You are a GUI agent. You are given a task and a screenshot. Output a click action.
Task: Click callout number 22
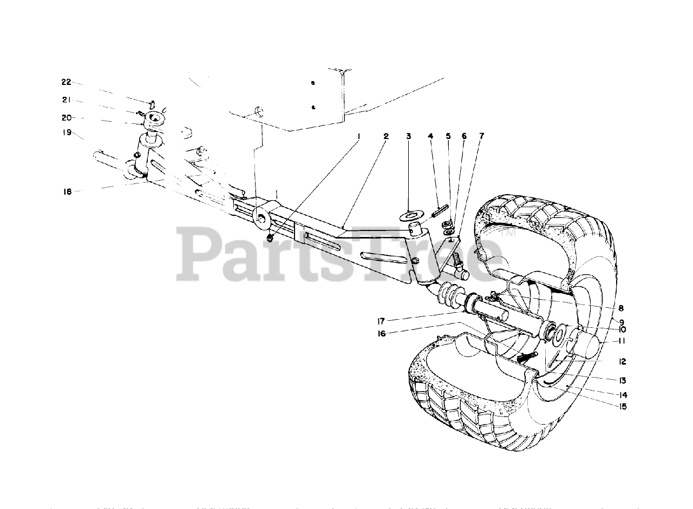[66, 82]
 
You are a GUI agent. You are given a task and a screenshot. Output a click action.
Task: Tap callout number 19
[67, 132]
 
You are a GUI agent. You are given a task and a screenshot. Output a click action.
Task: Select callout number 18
[67, 190]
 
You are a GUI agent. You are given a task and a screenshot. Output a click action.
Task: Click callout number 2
[386, 136]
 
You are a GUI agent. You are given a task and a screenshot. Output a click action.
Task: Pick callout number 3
[409, 136]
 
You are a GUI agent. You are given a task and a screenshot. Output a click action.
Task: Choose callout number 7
[481, 136]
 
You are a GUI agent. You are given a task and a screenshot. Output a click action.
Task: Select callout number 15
[623, 407]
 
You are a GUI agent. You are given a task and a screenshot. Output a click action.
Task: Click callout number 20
[66, 117]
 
